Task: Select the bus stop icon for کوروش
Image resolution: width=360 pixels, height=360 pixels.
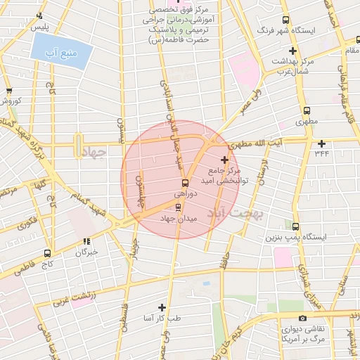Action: (x=9, y=91)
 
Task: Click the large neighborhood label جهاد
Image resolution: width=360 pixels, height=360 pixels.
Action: (x=94, y=152)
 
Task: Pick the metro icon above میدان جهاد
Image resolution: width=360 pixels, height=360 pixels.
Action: (x=178, y=207)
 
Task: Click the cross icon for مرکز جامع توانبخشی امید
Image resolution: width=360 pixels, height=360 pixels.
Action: (x=224, y=160)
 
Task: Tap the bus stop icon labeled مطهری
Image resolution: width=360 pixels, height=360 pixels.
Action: (x=306, y=110)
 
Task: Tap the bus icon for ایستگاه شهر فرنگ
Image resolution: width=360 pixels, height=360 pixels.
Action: (x=285, y=20)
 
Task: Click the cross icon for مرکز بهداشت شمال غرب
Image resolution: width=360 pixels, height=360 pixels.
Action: (x=292, y=51)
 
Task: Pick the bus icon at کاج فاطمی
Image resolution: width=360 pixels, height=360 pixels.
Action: (x=47, y=252)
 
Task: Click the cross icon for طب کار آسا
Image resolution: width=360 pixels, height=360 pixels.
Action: (x=162, y=307)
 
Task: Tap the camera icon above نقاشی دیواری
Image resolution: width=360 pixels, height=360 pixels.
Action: (x=302, y=318)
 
